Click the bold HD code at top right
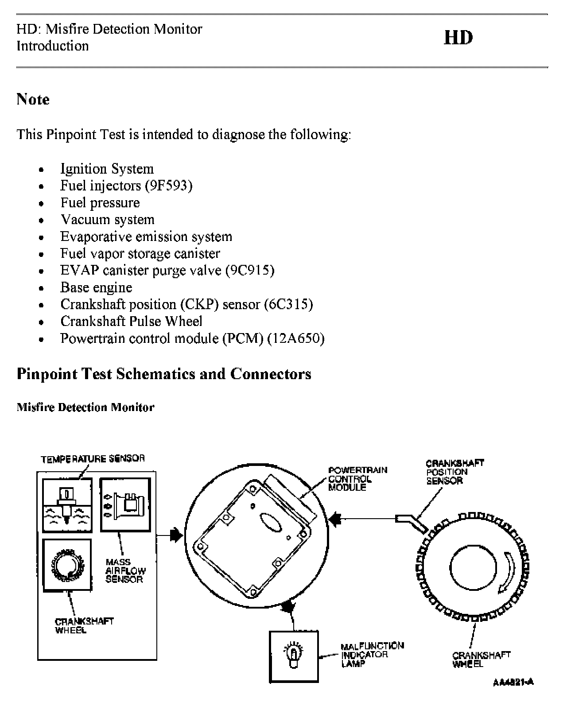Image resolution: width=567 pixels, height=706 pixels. coord(458,38)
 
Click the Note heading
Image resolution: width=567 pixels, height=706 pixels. coord(33,99)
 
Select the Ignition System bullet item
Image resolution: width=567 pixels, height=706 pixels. coord(107,169)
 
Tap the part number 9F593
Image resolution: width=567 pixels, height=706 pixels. coord(168,186)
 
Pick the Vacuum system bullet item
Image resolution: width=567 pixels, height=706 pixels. coord(108,220)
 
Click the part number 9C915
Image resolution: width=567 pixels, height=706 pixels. coord(250,270)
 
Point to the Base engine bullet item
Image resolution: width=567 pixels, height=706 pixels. coord(96,287)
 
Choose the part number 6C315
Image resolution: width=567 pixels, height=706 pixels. coord(288,304)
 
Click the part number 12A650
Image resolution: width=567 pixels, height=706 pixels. coord(296,339)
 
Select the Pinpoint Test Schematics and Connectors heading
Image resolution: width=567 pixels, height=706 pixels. coord(164,374)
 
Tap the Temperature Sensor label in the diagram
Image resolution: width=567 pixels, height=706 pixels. coord(93,459)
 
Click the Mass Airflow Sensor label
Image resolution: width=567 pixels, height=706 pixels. coord(125,570)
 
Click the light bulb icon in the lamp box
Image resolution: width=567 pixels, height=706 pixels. coord(293,653)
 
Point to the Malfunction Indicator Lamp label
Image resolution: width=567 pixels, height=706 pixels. coord(372,655)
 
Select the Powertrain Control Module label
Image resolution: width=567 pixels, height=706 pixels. coord(357,479)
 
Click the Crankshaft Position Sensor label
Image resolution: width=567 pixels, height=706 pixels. coord(454,472)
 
